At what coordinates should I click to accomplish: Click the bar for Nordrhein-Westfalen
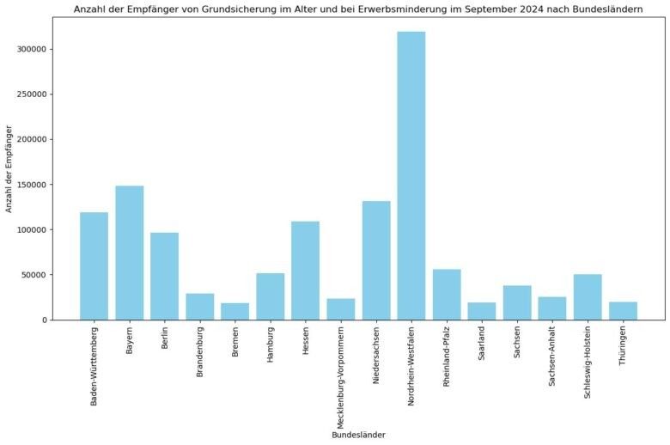point(411,176)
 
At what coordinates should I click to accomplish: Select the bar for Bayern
point(130,253)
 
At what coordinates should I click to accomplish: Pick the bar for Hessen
point(305,271)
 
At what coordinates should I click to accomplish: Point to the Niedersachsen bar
point(376,260)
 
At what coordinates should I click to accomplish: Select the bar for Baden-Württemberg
point(94,266)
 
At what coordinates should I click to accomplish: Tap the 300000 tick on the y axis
point(31,49)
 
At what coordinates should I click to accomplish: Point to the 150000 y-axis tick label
point(31,185)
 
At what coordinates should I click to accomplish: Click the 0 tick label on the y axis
point(45,320)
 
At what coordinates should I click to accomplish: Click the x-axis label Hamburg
point(271,346)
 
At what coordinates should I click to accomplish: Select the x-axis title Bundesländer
point(358,435)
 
